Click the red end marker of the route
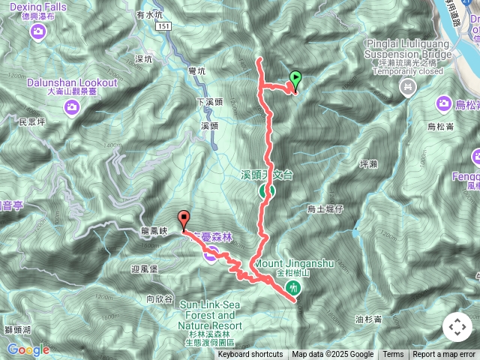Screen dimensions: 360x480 click(184, 220)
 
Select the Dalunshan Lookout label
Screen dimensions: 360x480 click(72, 82)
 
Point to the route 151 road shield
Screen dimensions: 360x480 click(165, 26)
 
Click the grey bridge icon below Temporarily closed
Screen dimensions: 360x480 click(407, 89)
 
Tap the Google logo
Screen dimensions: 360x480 click(28, 349)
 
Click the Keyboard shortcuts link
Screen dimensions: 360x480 click(250, 355)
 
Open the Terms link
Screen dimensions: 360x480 click(393, 355)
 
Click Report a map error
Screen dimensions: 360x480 click(445, 355)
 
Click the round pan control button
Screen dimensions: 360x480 click(457, 327)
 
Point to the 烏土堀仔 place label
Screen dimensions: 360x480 click(325, 209)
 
